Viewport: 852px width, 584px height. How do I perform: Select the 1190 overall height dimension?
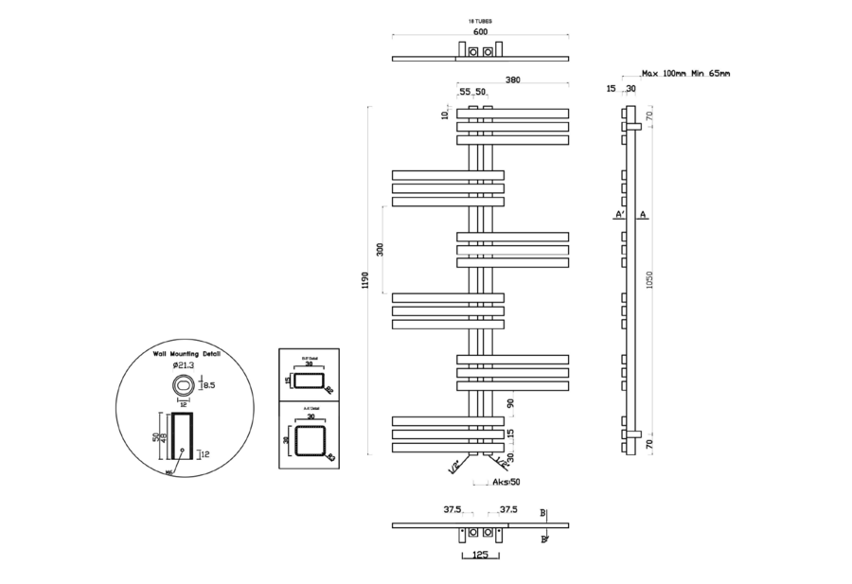(365, 281)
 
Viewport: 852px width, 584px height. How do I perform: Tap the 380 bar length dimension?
(512, 80)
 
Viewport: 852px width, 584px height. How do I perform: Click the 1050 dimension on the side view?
(648, 281)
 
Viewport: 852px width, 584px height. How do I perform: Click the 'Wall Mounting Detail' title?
(186, 352)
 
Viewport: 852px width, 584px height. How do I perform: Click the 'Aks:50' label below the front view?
(506, 482)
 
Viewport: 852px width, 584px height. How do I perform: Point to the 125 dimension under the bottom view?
(481, 557)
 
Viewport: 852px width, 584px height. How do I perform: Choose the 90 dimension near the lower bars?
(510, 403)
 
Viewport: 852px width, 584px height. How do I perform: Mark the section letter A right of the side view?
(644, 216)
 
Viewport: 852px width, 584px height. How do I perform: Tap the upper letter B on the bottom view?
(542, 513)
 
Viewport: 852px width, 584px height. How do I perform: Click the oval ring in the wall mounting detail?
(183, 385)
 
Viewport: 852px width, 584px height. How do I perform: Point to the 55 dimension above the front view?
(464, 92)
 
